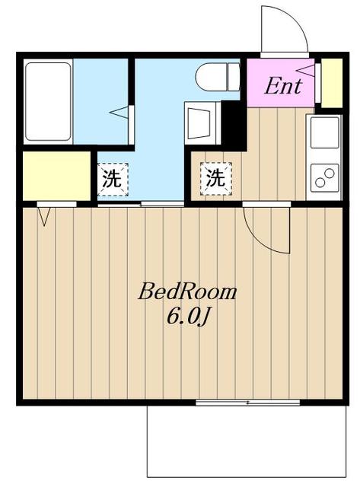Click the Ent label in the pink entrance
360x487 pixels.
(282, 85)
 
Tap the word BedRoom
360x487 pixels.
(187, 292)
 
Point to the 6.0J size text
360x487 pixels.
(187, 317)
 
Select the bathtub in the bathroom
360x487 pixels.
(48, 102)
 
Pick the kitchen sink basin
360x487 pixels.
(324, 132)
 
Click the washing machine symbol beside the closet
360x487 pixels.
(112, 180)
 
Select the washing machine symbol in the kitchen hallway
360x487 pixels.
(216, 180)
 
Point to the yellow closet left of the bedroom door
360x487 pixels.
(56, 176)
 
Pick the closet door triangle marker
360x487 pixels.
(43, 216)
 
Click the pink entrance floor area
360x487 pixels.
(278, 95)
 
